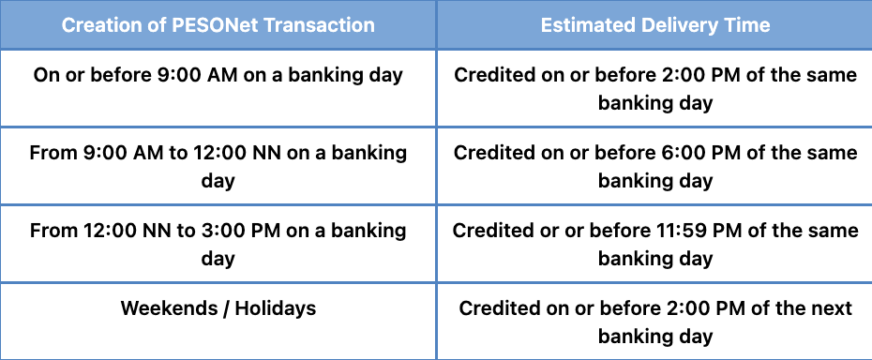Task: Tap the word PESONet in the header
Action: tap(208, 25)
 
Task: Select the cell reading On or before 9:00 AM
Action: tap(218, 75)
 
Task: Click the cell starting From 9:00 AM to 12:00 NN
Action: tap(218, 165)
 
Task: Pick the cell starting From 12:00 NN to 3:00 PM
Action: tap(218, 243)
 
